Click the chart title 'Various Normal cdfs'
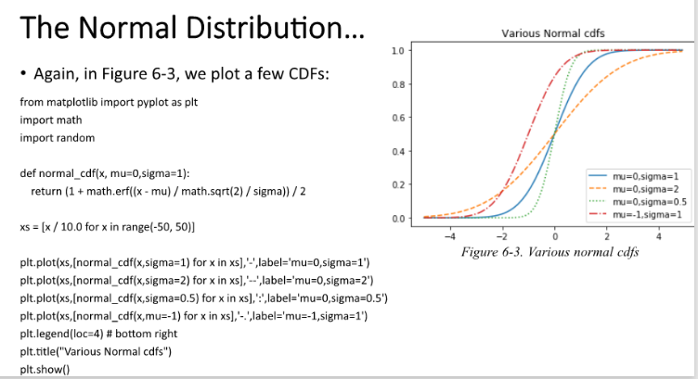point(552,33)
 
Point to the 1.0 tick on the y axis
point(396,50)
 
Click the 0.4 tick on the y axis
point(396,151)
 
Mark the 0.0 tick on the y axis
point(396,219)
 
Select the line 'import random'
point(58,137)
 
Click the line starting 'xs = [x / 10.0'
point(108,226)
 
